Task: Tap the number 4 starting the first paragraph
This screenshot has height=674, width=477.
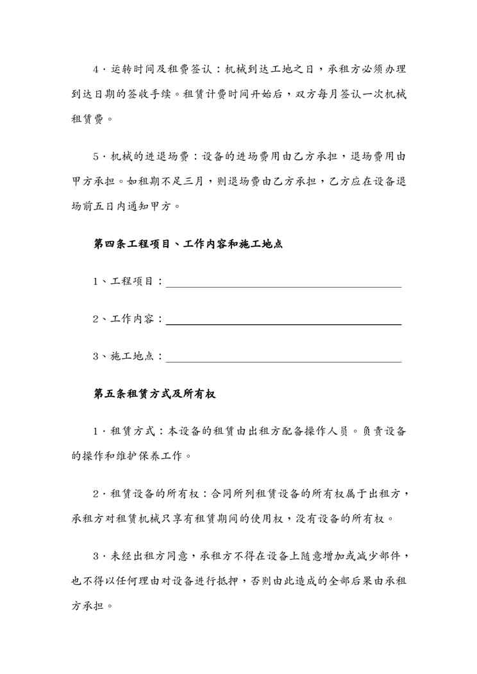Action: pyautogui.click(x=96, y=69)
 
